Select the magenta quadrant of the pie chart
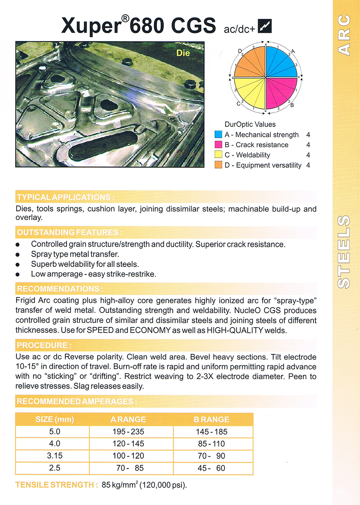[x=281, y=93]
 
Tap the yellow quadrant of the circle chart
[x=250, y=93]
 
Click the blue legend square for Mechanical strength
[x=218, y=134]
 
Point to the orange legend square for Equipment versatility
[x=218, y=165]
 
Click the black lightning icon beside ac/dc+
[x=265, y=26]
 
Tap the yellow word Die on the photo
[x=183, y=53]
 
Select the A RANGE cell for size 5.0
[x=128, y=432]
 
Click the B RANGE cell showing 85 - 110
[x=211, y=444]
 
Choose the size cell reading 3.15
[x=55, y=456]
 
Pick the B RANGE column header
[x=211, y=419]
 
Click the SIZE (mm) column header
[x=55, y=419]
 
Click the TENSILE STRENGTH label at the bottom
[x=56, y=485]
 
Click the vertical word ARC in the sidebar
[x=344, y=35]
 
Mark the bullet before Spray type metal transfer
[x=18, y=254]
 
